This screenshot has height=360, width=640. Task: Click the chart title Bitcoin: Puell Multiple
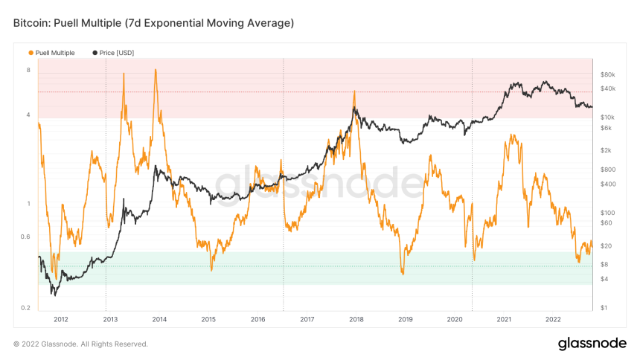(153, 23)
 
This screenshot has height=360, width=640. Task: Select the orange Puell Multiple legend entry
(51, 53)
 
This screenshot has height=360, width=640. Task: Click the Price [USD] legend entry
(113, 53)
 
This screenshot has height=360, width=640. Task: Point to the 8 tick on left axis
(28, 71)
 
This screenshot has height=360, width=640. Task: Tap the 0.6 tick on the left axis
(25, 237)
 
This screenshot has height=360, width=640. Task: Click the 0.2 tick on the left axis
(25, 307)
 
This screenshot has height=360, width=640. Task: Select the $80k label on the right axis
(607, 74)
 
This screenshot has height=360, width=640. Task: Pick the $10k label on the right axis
(607, 118)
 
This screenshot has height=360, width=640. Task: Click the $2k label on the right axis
(606, 150)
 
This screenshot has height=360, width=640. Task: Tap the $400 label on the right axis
(607, 184)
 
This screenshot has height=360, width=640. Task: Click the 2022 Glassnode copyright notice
(80, 344)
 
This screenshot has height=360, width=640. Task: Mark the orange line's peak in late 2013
(155, 70)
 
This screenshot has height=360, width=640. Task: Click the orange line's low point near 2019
(402, 274)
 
